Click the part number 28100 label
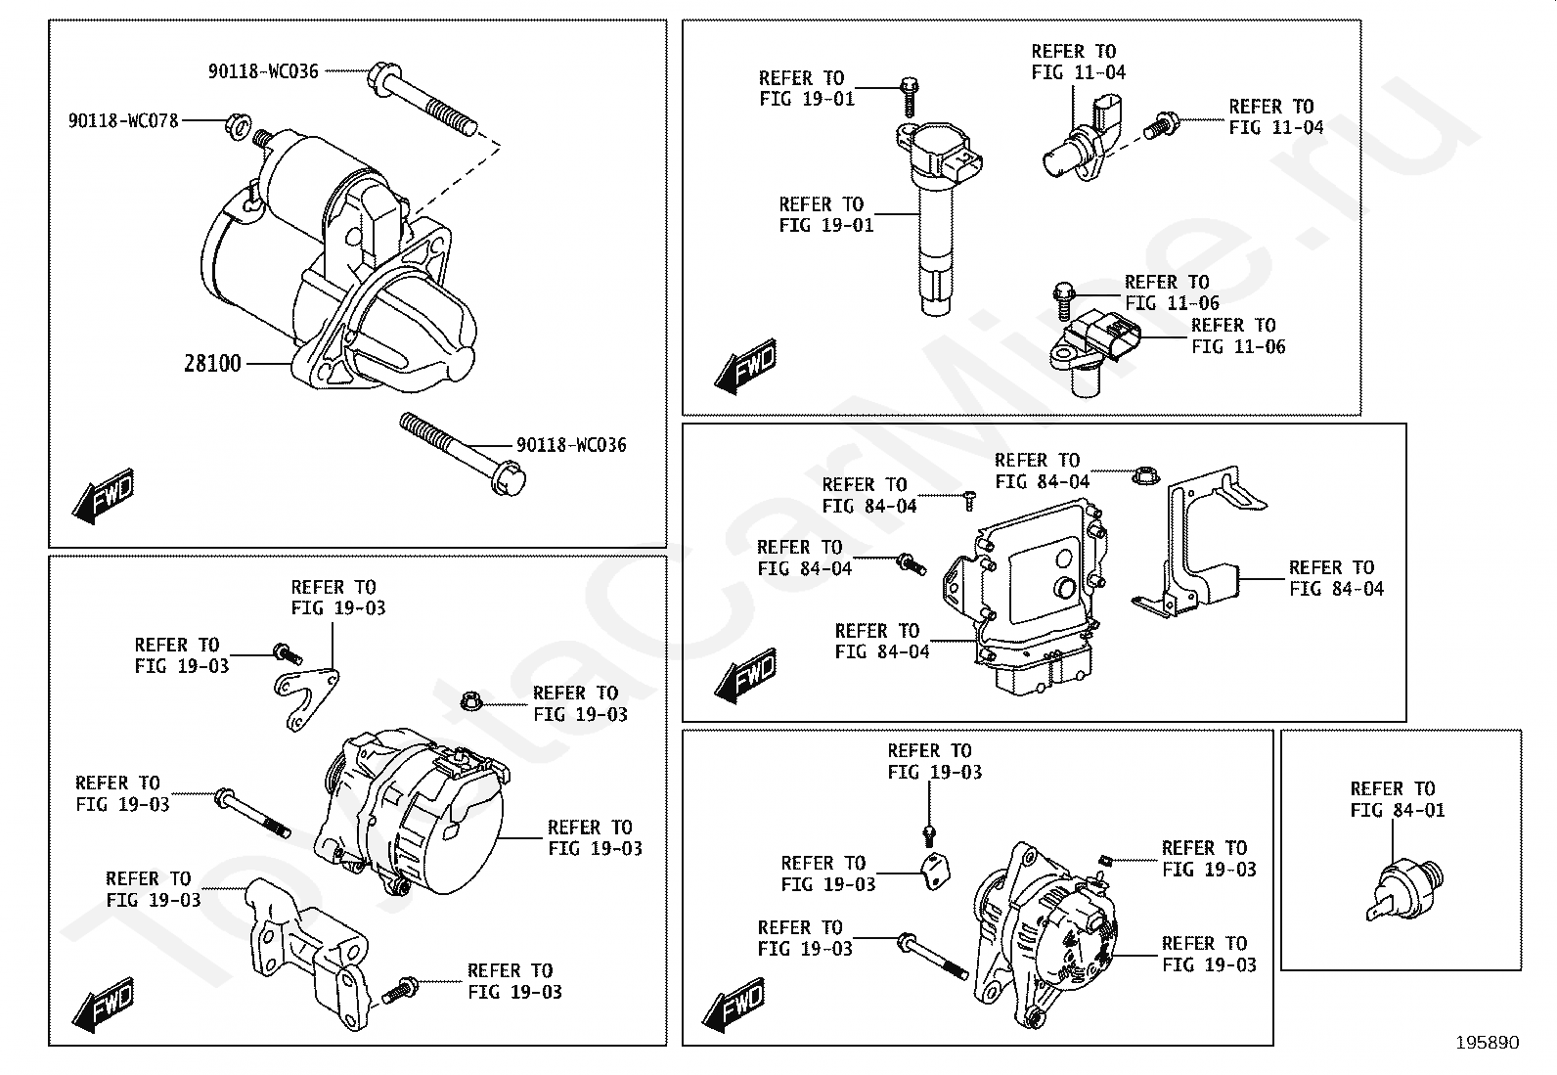pyautogui.click(x=212, y=364)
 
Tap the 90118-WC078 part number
pyautogui.click(x=123, y=121)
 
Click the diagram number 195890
pyautogui.click(x=1488, y=1043)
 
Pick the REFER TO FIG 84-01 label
pyautogui.click(x=1398, y=799)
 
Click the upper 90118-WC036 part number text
pyautogui.click(x=263, y=71)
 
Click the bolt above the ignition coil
pyautogui.click(x=909, y=96)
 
